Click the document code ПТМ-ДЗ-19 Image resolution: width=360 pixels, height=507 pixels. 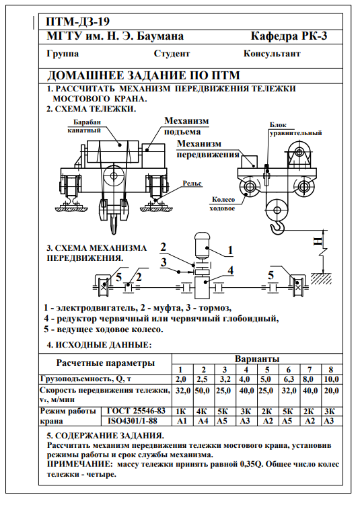tap(78, 22)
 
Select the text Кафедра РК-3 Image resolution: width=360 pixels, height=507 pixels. tap(289, 36)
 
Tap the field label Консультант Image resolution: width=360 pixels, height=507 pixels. tap(272, 53)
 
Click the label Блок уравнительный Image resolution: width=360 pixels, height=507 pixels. tap(295, 128)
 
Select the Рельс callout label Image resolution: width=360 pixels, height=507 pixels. tap(192, 184)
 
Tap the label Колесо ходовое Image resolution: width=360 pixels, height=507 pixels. tap(223, 204)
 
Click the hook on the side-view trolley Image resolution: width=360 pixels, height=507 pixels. tap(278, 227)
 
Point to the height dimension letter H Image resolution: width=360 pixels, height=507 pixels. tap(318, 241)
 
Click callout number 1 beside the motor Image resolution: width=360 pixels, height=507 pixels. tap(230, 250)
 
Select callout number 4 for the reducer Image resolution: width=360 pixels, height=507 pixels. tap(230, 270)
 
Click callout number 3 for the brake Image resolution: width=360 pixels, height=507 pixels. tap(164, 262)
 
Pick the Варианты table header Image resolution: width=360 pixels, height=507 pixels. tap(257, 358)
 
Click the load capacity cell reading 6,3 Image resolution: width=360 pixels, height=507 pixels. tap(289, 379)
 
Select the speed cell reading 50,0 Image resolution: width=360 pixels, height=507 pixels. tap(202, 391)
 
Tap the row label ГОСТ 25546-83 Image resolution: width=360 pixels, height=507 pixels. tap(136, 411)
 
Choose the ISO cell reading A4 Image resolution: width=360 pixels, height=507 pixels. tap(203, 421)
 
